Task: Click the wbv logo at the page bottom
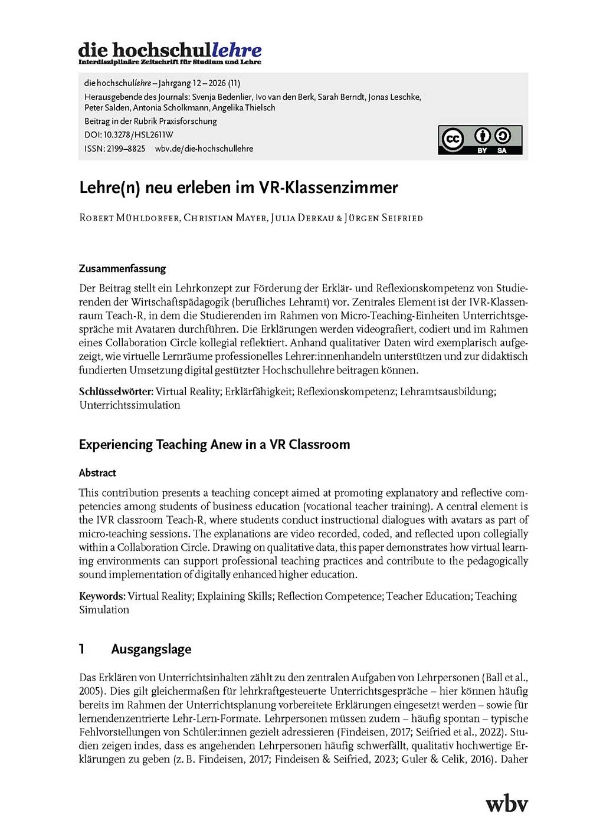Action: [x=506, y=803]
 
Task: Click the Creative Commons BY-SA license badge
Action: [x=480, y=140]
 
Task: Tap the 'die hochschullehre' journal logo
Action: [x=170, y=52]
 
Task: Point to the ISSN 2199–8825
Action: [x=126, y=149]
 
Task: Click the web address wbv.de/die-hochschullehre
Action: [x=204, y=149]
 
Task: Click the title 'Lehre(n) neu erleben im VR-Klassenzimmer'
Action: [x=238, y=188]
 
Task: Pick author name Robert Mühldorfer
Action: [x=129, y=218]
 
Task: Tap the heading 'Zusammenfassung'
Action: [x=122, y=268]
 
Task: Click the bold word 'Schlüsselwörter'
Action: [x=116, y=392]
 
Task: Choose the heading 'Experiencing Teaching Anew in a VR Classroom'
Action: [x=214, y=444]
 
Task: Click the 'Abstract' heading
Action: [x=97, y=473]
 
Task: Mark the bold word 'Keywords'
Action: [x=101, y=596]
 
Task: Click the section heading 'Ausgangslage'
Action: [x=151, y=649]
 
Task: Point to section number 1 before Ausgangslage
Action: [x=82, y=649]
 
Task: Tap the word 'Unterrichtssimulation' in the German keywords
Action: [x=130, y=405]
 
